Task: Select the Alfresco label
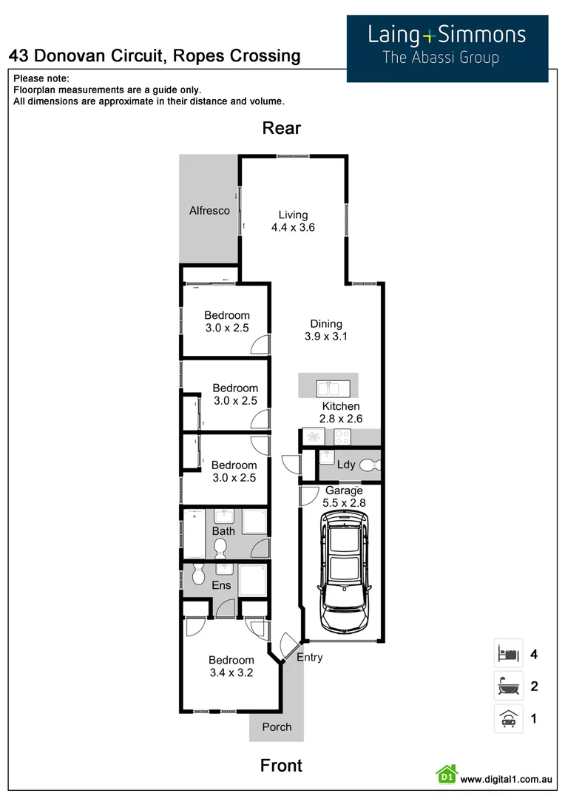tap(209, 211)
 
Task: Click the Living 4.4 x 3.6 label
tap(292, 221)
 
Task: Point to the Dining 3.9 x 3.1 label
tap(325, 330)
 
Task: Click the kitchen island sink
tap(328, 387)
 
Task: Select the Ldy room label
tap(345, 465)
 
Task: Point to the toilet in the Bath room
tap(220, 548)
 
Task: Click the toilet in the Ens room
tap(197, 576)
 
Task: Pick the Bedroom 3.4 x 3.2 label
tap(231, 667)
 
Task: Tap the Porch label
tap(277, 726)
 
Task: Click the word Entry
tap(309, 657)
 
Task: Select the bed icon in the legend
tap(508, 654)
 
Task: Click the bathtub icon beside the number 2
tap(508, 687)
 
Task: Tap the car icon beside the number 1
tap(508, 718)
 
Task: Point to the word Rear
tap(282, 128)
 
